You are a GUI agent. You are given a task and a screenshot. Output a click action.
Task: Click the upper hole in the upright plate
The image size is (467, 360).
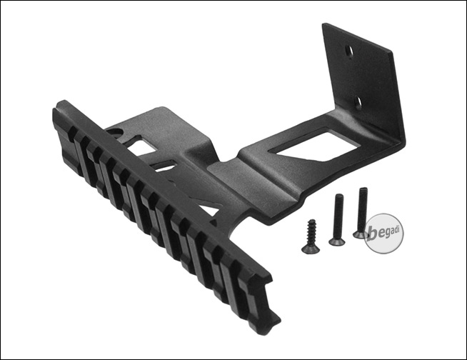(348, 51)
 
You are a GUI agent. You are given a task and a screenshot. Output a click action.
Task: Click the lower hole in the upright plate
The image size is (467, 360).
(358, 102)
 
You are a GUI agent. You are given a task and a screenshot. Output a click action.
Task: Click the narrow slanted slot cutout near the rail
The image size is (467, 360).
(164, 166)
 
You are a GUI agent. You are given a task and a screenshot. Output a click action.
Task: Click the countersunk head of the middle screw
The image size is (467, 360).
(336, 241)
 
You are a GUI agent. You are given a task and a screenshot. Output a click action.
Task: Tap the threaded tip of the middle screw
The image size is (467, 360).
(339, 196)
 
